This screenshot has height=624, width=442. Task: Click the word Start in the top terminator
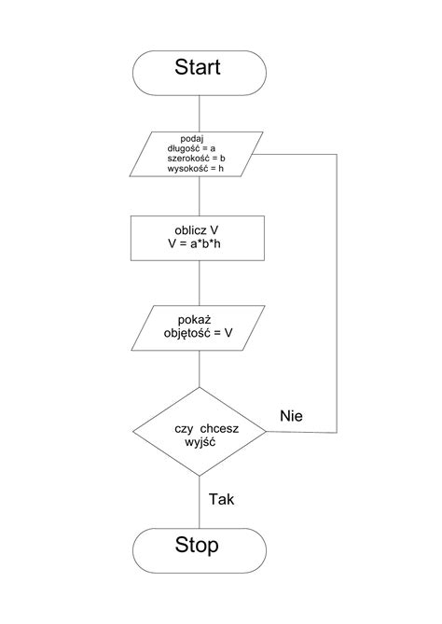coord(198,67)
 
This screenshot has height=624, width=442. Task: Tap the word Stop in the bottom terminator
coord(197,545)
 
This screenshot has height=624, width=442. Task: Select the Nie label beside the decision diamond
coord(291,416)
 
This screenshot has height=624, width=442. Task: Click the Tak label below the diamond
coord(221,499)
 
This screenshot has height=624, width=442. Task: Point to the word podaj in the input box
coord(192,138)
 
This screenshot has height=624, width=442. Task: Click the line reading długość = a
coord(192,148)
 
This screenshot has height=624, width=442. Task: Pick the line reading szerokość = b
coord(196,159)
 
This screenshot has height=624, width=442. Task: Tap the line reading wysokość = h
coord(195,168)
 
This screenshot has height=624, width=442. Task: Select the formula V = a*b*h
coord(194,243)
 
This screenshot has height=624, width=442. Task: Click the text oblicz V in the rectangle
coord(197,230)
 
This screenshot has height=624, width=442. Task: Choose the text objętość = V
coord(198,333)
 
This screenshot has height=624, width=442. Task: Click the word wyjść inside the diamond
coord(200,442)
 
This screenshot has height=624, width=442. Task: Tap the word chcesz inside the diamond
coord(219,429)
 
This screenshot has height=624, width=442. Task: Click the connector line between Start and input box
coord(200,114)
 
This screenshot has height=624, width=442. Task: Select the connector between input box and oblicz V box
coord(200,196)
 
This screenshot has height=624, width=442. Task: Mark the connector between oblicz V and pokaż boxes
coord(200,283)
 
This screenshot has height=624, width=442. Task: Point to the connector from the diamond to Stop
coord(200,502)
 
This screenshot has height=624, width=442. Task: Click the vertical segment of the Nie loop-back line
coord(337,293)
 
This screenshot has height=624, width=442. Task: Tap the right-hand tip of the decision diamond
coord(266,431)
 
